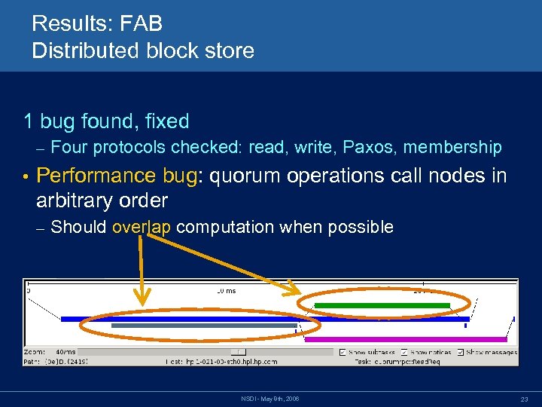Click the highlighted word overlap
(x=142, y=227)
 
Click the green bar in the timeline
(x=382, y=305)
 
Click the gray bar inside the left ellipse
(x=204, y=326)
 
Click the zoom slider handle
(x=238, y=352)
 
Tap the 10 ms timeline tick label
(x=226, y=290)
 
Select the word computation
(x=225, y=227)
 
